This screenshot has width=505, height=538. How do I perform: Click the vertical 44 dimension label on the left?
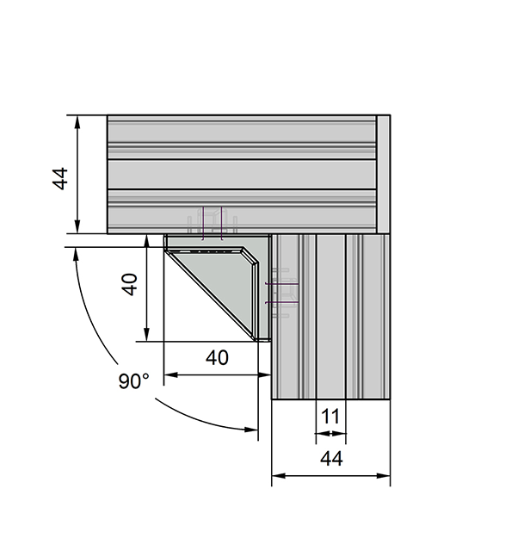tap(59, 180)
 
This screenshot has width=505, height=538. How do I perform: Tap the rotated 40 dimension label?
tap(129, 284)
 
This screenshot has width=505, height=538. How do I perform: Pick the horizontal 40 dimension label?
tap(218, 356)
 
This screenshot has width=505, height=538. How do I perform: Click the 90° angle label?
tap(134, 381)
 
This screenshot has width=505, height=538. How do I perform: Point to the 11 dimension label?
tap(330, 416)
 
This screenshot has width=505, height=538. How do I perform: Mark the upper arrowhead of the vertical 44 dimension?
tap(78, 121)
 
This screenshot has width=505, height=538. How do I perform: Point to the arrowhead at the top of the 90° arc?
tap(76, 254)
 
